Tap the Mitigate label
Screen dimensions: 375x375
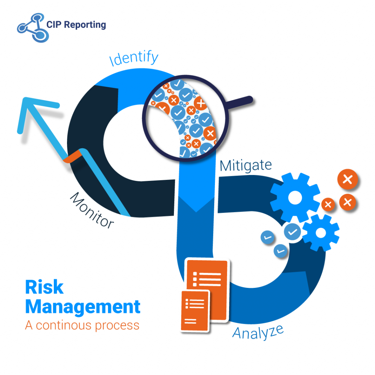246,166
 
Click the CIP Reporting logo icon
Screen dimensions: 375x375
32,26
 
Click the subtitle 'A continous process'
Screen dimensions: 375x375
82,325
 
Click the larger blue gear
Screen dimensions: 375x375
295,198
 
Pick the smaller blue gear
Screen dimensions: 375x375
320,233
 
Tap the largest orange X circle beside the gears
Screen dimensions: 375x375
348,179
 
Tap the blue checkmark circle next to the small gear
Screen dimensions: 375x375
293,231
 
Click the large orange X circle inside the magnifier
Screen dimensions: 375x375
201,104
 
